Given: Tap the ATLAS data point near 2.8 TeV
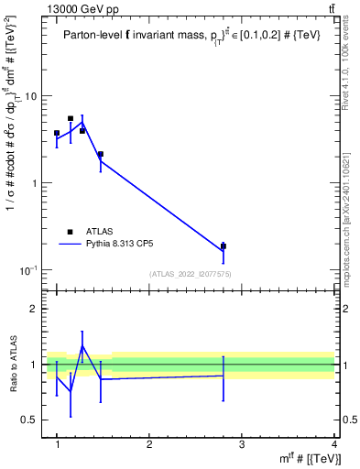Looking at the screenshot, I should coord(224,245).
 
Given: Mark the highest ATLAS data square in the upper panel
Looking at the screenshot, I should coord(71,118).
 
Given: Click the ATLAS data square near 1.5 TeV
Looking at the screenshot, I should coord(100,155).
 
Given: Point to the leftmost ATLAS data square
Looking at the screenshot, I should coord(57,133).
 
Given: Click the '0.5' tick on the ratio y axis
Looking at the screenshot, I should coord(30,420).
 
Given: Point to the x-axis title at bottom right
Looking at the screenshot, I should coord(307,457).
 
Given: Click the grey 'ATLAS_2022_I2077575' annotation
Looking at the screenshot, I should coord(189,273).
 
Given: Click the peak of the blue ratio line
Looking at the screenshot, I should coord(82,346).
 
